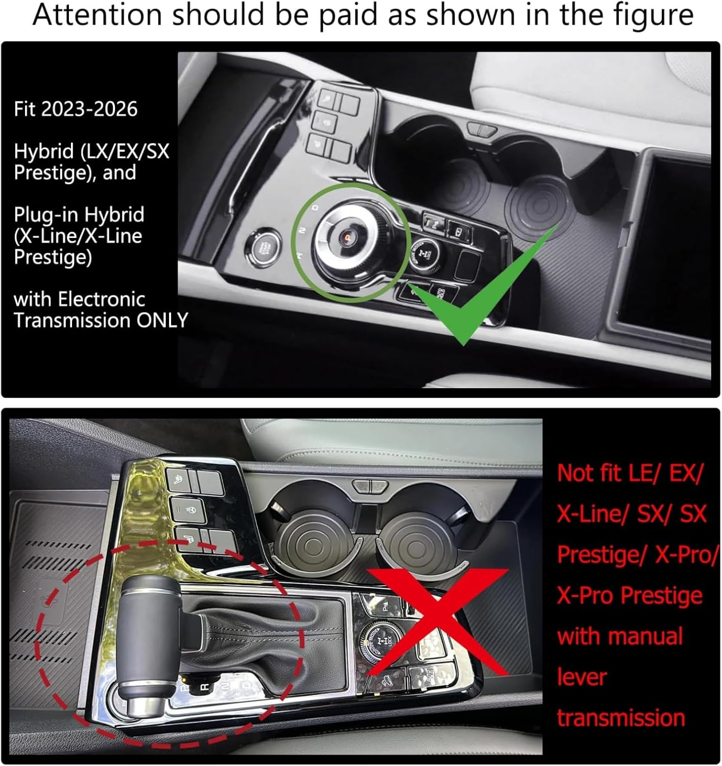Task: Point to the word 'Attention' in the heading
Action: pyautogui.click(x=97, y=15)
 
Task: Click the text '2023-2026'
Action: pyautogui.click(x=89, y=109)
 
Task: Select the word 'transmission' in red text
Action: pyautogui.click(x=621, y=718)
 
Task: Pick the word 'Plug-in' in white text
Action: pyautogui.click(x=46, y=216)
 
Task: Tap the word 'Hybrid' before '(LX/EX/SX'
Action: pyautogui.click(x=44, y=152)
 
